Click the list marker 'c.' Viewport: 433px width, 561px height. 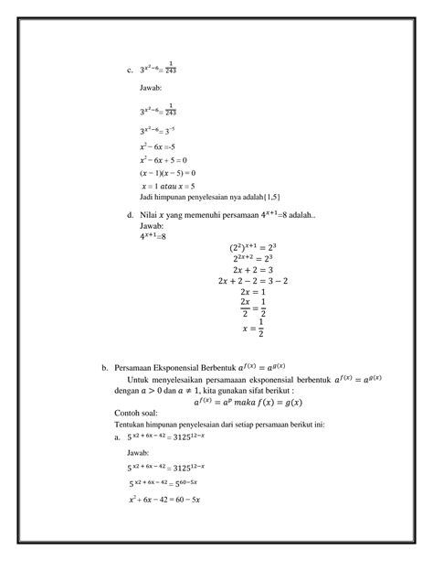[x=130, y=69]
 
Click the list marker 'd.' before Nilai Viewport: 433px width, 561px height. [x=130, y=215]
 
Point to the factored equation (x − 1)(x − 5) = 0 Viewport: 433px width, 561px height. [x=167, y=172]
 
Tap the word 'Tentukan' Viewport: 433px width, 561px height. [x=131, y=424]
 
